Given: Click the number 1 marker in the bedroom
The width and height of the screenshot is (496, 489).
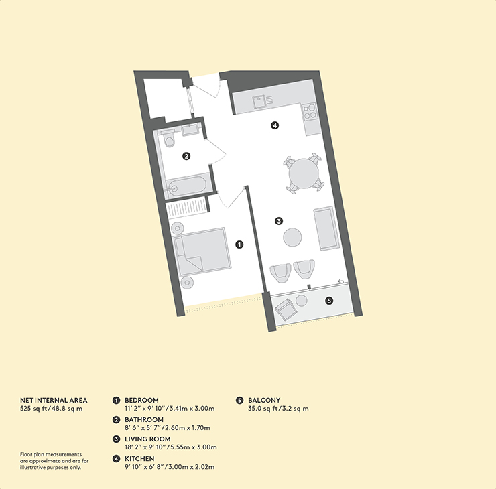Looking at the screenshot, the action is point(239,244).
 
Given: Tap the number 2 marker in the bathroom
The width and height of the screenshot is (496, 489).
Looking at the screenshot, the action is point(186,156).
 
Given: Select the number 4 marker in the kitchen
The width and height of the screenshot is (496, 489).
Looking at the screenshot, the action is point(275,125).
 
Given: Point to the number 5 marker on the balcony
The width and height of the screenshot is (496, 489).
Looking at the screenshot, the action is point(329,301).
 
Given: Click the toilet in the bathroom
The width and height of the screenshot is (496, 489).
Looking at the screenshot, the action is point(168,139).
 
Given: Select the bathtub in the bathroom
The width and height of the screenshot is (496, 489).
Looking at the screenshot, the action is point(186,186).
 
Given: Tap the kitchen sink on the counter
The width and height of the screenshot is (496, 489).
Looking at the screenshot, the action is point(259,101).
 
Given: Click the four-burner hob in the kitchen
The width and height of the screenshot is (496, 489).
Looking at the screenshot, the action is point(309,112).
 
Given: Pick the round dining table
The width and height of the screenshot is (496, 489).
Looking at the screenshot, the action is point(304,173).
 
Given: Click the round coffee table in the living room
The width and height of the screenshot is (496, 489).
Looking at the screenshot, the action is point(292,237).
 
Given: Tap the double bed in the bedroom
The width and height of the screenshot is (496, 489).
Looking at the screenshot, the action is point(202,251).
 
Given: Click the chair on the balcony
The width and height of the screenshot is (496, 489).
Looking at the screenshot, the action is point(286,309).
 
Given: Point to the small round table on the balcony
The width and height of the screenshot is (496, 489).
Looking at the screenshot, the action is point(302,300).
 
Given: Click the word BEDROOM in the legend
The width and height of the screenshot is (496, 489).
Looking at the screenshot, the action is point(141,400).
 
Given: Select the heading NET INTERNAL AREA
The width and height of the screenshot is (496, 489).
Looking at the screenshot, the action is point(54,400).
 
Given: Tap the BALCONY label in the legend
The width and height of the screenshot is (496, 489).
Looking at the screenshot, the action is point(264,400).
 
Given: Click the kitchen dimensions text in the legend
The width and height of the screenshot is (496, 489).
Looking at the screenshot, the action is point(170,466).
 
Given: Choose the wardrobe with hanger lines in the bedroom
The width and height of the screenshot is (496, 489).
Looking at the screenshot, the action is point(187,208).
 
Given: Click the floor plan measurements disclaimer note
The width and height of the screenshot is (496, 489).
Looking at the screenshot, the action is point(54,461).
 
